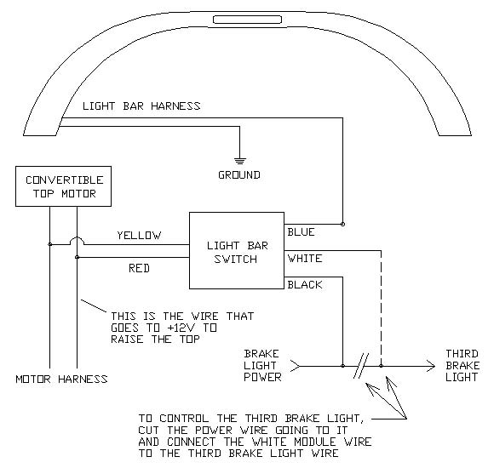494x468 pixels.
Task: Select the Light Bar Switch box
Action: pyautogui.click(x=233, y=252)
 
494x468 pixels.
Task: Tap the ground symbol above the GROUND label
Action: pyautogui.click(x=239, y=159)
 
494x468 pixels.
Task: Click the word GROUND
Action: pyautogui.click(x=239, y=175)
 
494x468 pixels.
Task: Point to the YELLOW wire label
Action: pyautogui.click(x=139, y=236)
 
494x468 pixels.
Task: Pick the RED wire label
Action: pyautogui.click(x=139, y=268)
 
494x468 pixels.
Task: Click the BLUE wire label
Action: pyautogui.click(x=302, y=231)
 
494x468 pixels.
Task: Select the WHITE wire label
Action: pyautogui.click(x=305, y=258)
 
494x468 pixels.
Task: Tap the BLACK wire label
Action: pyautogui.click(x=305, y=285)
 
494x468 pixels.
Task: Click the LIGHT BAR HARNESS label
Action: pyautogui.click(x=141, y=106)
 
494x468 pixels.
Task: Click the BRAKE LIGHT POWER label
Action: pyautogui.click(x=262, y=365)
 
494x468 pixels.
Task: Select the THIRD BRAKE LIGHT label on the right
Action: pyautogui.click(x=462, y=365)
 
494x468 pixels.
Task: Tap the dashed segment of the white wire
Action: pyautogui.click(x=382, y=306)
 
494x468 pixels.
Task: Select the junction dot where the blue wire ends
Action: pyautogui.click(x=342, y=225)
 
